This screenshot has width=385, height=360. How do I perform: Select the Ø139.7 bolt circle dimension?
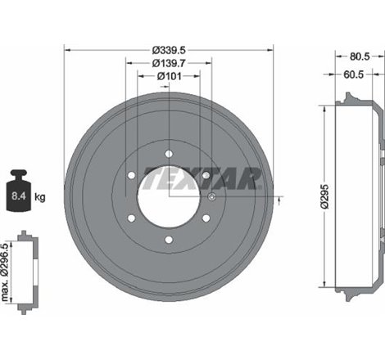(168, 62)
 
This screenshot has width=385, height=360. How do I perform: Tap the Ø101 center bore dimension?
(168, 76)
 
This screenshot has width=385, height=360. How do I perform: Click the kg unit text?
(40, 196)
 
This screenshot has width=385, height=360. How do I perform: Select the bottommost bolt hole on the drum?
(168, 239)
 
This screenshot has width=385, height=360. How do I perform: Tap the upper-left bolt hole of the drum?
(131, 174)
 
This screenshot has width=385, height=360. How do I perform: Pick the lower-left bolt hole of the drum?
(131, 218)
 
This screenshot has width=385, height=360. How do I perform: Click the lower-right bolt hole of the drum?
(205, 218)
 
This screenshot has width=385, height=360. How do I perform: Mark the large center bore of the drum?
(168, 196)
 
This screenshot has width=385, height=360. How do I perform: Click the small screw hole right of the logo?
(211, 197)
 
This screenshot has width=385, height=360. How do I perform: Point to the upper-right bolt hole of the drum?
(205, 174)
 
